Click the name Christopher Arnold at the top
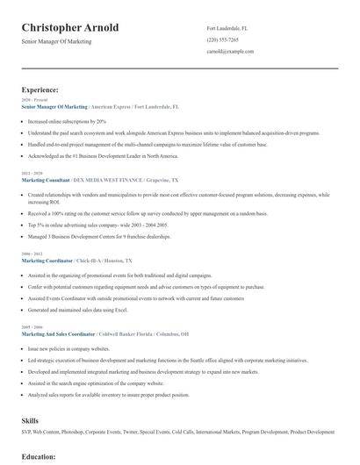coord(70,28)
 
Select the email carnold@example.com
coord(231,53)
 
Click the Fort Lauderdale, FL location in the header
coord(227,28)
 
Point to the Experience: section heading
coord(40,89)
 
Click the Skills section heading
coord(30,420)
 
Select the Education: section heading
coord(39,456)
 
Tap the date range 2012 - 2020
coord(31,174)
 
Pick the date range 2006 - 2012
coord(31,254)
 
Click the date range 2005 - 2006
coord(31,327)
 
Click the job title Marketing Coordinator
coord(48,261)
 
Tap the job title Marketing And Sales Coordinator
coord(61,333)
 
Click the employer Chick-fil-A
coord(90,261)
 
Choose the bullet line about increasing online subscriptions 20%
coord(67,121)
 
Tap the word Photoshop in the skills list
coord(80,432)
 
